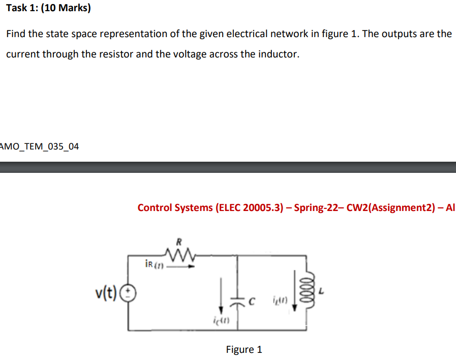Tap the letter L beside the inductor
point(322,291)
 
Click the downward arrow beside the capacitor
point(221,295)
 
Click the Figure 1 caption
point(244,349)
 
